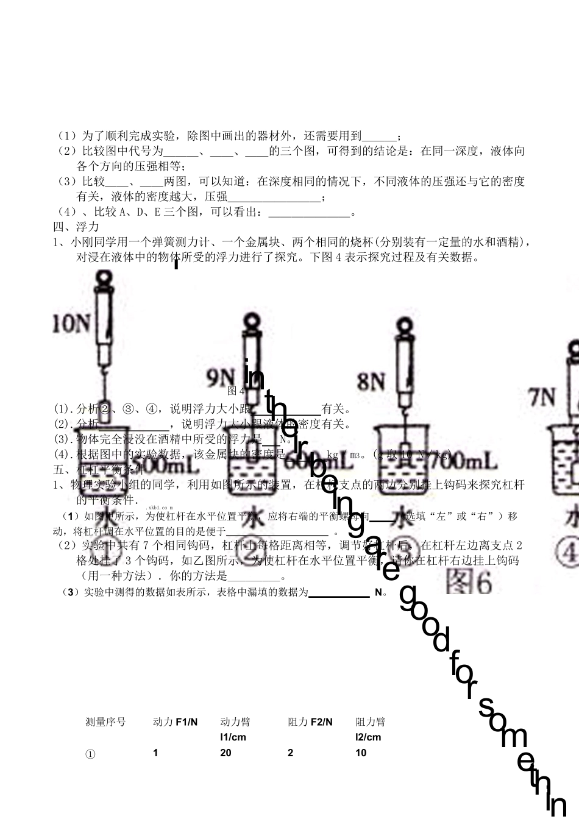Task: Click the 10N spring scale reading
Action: (x=71, y=323)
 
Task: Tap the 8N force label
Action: (x=371, y=382)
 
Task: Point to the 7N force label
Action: (x=542, y=398)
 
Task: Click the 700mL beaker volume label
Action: (x=466, y=461)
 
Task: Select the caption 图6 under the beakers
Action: (x=468, y=582)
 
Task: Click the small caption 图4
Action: (x=235, y=391)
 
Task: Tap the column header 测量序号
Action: (x=106, y=722)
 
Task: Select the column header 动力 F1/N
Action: (x=176, y=722)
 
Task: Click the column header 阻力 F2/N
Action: (x=310, y=722)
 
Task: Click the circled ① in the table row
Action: (x=91, y=754)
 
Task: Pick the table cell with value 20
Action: (x=226, y=753)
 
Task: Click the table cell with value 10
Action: (x=361, y=753)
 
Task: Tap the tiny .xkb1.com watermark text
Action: (x=160, y=508)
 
